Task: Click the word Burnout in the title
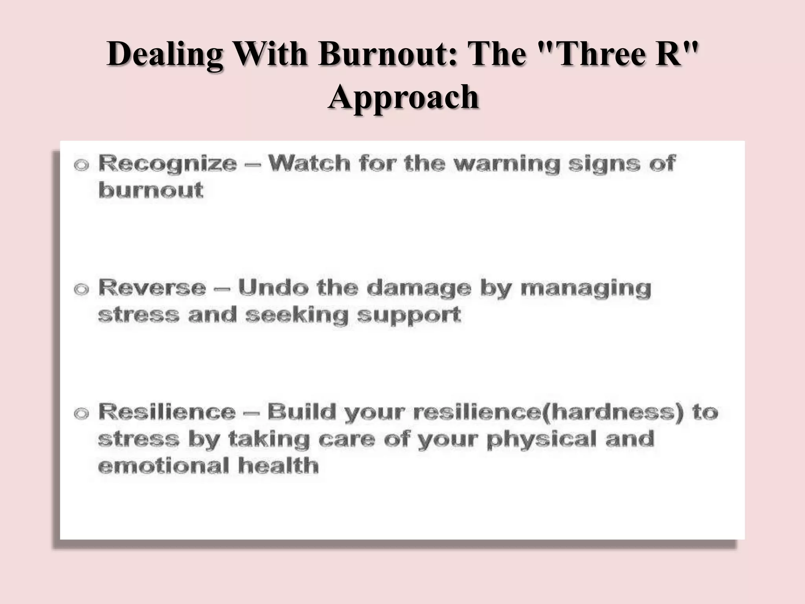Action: pyautogui.click(x=388, y=54)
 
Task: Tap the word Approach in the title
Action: pyautogui.click(x=403, y=98)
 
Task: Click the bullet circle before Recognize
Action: pyautogui.click(x=81, y=165)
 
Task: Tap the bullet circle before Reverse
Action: pyautogui.click(x=81, y=290)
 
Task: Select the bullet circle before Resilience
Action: pyautogui.click(x=81, y=414)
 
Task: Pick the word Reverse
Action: pyautogui.click(x=152, y=288)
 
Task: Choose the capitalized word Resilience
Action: pyautogui.click(x=167, y=412)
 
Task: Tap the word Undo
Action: pyautogui.click(x=273, y=288)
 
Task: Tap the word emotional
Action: pyautogui.click(x=163, y=466)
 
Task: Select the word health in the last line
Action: pyautogui.click(x=278, y=466)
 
